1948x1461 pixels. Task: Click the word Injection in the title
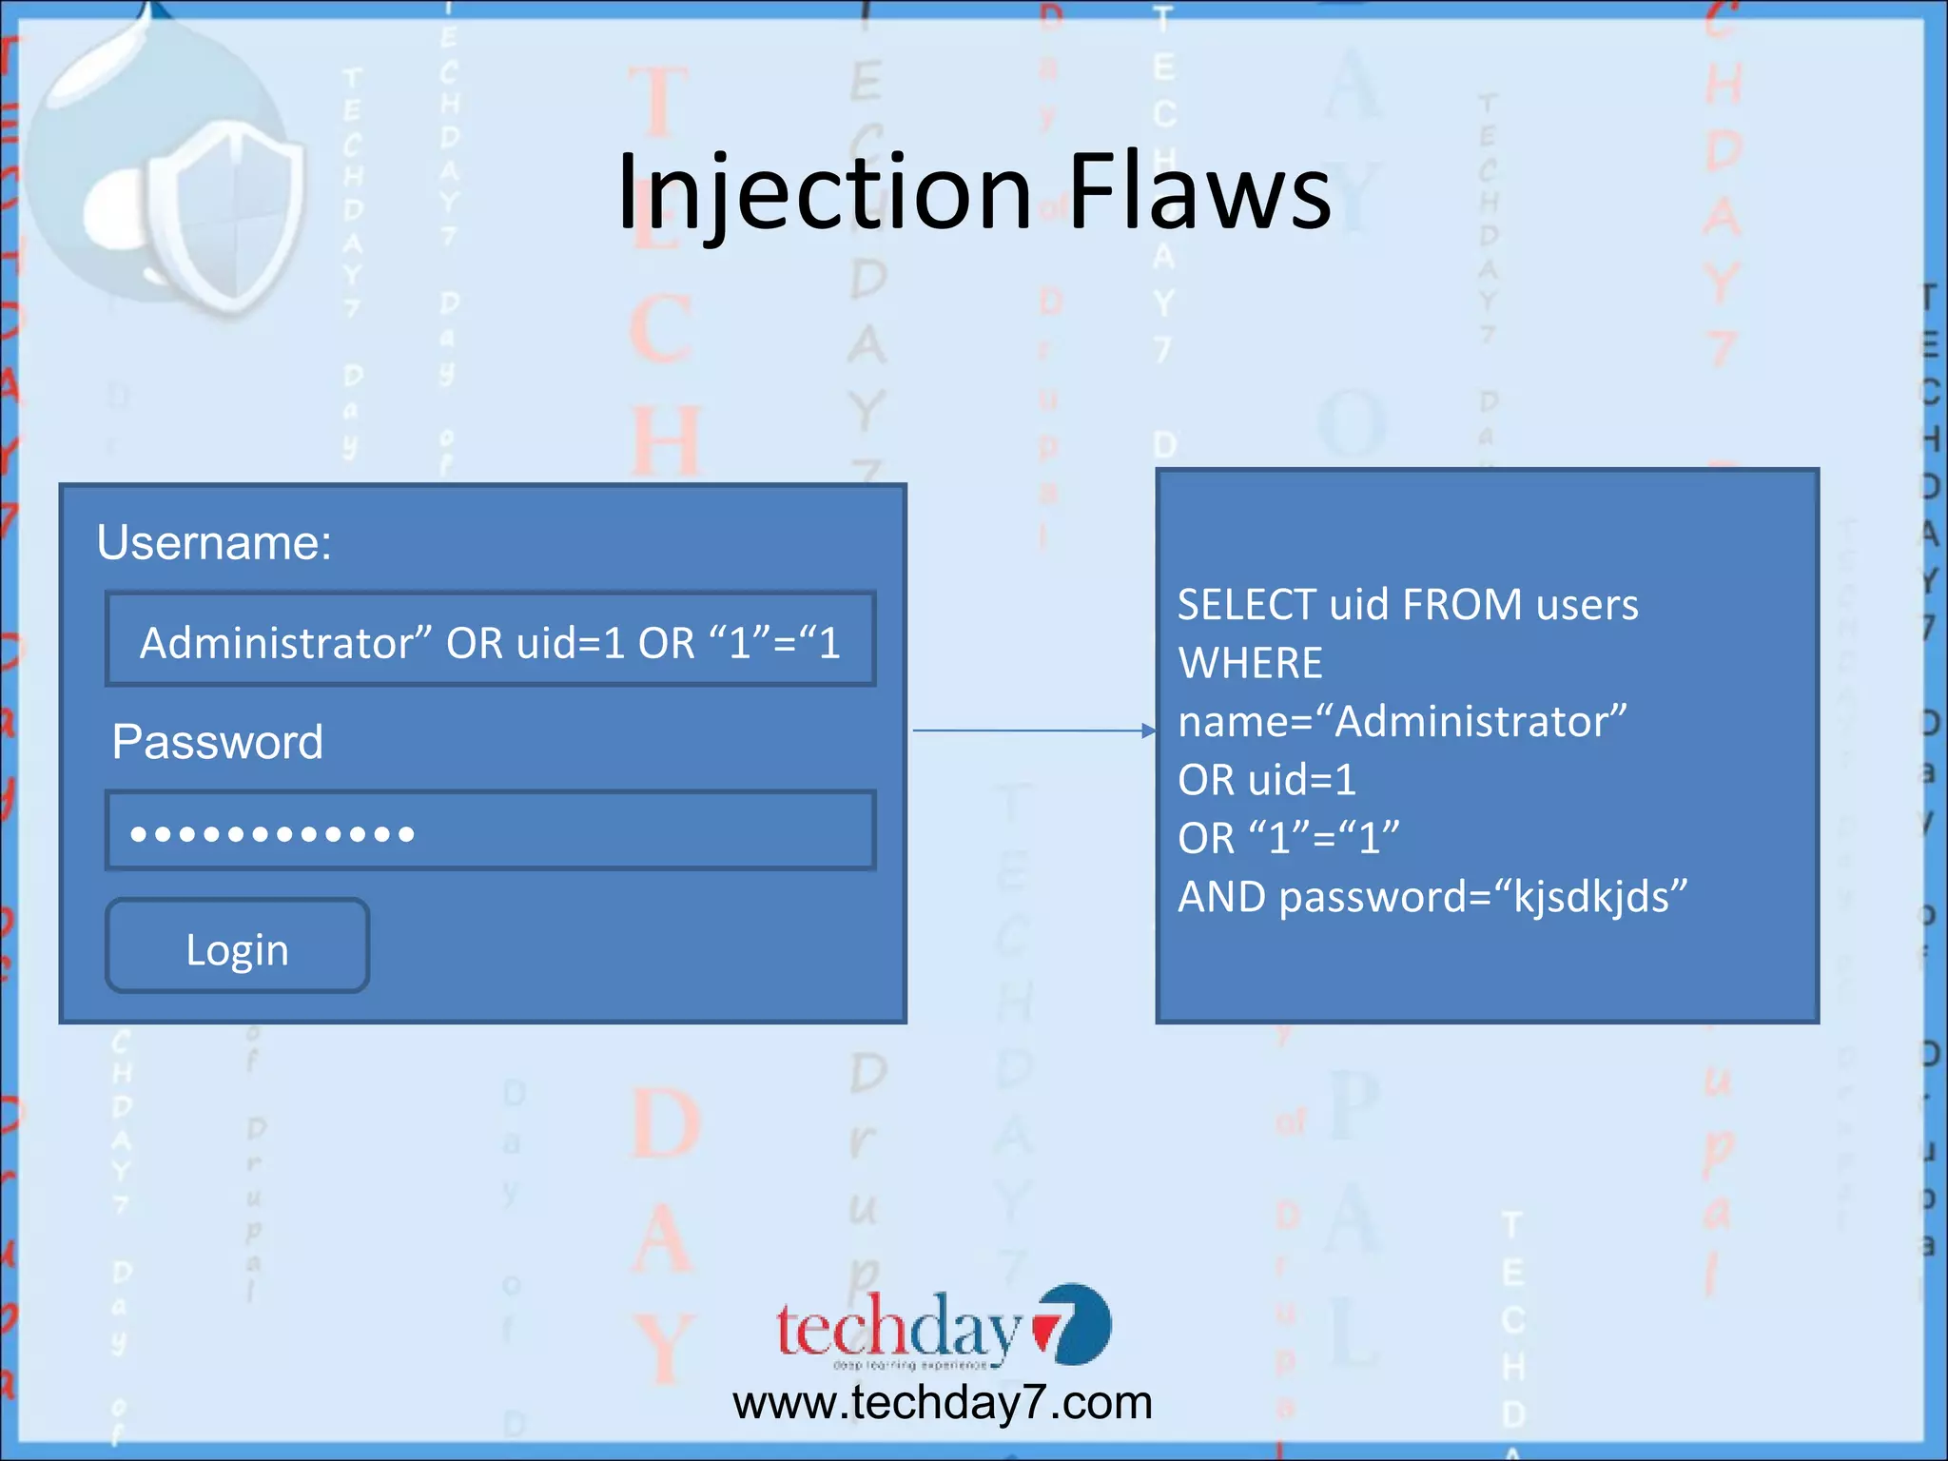[x=824, y=194]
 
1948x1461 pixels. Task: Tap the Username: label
[x=214, y=543]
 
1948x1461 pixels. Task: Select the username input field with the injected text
[x=490, y=641]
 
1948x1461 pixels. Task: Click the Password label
[x=217, y=742]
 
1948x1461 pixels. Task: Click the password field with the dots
[x=490, y=831]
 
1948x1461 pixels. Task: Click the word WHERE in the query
[x=1250, y=664]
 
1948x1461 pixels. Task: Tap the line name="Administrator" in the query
[x=1402, y=722]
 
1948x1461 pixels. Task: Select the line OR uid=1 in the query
[x=1266, y=781]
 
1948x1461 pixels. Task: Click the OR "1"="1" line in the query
[x=1288, y=839]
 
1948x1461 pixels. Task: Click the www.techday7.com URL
[x=942, y=1403]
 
